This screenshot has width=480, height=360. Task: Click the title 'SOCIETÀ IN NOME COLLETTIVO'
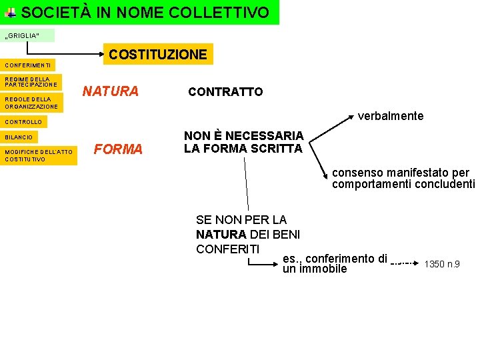tap(145, 12)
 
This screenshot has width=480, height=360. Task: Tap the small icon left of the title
tap(11, 13)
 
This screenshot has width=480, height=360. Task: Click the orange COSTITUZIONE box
tap(158, 54)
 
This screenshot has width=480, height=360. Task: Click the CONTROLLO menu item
tap(24, 122)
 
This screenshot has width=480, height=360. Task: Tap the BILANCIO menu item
tap(20, 137)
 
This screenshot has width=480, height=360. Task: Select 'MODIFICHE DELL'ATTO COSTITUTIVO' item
tap(39, 156)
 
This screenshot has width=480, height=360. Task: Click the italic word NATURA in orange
tap(110, 91)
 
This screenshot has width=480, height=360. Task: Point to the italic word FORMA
tap(119, 149)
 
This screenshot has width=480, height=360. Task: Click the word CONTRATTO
tap(225, 92)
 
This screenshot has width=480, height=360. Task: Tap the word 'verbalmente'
tap(391, 116)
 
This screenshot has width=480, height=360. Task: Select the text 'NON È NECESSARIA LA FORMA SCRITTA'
tap(243, 142)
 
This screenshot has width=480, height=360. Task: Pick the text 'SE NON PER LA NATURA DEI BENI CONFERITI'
tap(247, 234)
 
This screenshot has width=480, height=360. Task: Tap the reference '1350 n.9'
tap(442, 265)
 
